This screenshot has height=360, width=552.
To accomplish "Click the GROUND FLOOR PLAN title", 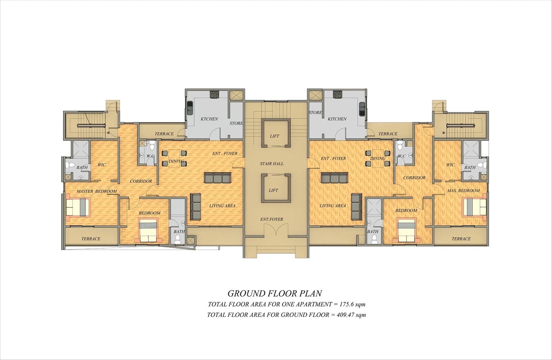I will click(x=275, y=293).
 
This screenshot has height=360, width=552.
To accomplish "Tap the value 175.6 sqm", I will click(x=352, y=304).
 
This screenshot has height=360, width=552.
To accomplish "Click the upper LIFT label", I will click(x=275, y=136).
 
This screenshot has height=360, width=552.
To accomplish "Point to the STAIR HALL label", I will click(x=272, y=164).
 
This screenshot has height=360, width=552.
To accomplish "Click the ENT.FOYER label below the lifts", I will click(x=272, y=219).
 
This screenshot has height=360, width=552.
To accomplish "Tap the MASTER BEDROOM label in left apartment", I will click(x=97, y=191).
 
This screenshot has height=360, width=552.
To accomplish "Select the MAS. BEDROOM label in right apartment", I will click(x=463, y=191).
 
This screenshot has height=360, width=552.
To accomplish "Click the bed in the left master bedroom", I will click(x=78, y=207).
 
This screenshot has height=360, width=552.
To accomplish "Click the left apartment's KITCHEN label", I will click(x=209, y=119).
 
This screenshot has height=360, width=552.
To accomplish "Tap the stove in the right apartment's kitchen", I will click(x=337, y=94).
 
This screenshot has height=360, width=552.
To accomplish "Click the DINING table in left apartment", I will click(x=174, y=158).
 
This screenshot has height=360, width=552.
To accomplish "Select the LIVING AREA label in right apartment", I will click(x=333, y=206).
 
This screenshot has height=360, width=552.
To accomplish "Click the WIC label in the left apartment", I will click(x=101, y=165).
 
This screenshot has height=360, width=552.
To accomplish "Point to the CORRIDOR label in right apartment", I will click(x=414, y=178).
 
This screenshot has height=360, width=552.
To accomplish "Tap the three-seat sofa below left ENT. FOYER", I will click(x=217, y=178).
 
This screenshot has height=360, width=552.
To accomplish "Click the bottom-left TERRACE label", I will click(x=91, y=239).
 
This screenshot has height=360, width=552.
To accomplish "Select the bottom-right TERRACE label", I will click(x=461, y=239).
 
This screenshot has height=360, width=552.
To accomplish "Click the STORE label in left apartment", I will click(x=236, y=123).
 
